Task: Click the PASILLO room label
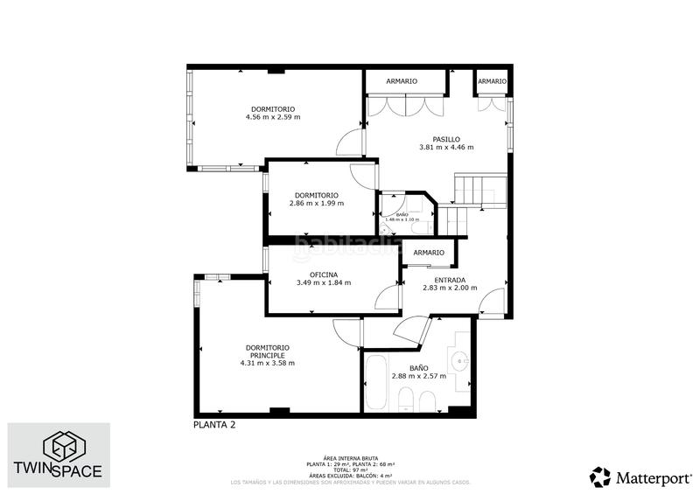click(x=445, y=138)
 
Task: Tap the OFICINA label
click(x=323, y=274)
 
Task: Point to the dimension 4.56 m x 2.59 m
click(x=272, y=116)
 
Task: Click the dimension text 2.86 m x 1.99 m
click(x=316, y=203)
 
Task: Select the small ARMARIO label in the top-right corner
click(x=492, y=81)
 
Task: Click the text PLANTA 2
click(x=213, y=425)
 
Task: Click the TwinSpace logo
click(x=59, y=455)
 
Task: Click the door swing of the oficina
click(x=386, y=298)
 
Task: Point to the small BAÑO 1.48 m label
click(x=402, y=217)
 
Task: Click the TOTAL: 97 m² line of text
click(x=349, y=469)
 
